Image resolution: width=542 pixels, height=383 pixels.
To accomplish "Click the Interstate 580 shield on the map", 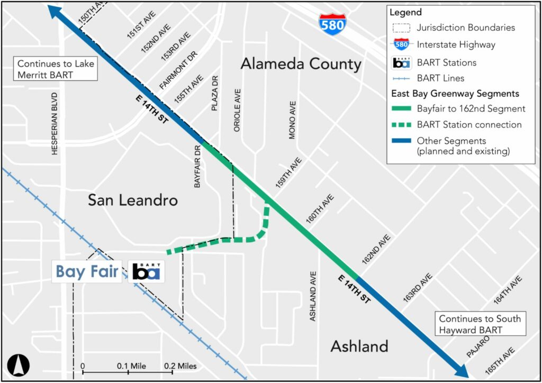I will click(332, 24).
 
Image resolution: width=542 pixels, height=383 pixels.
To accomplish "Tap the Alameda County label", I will click(301, 64).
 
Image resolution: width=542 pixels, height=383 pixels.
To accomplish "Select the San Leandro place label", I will click(132, 200).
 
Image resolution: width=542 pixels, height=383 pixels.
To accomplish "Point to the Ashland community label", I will click(359, 346).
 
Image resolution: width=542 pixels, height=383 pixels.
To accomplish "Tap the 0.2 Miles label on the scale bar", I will click(180, 366).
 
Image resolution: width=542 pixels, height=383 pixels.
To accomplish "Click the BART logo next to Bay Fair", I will click(146, 271).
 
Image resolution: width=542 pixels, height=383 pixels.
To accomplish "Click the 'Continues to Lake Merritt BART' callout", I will click(56, 69).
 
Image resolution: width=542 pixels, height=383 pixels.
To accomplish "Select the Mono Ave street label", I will click(292, 120).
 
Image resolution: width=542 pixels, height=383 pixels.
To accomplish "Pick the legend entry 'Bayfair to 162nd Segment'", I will click(471, 109).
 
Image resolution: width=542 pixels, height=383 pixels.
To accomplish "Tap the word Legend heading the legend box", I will click(405, 12).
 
